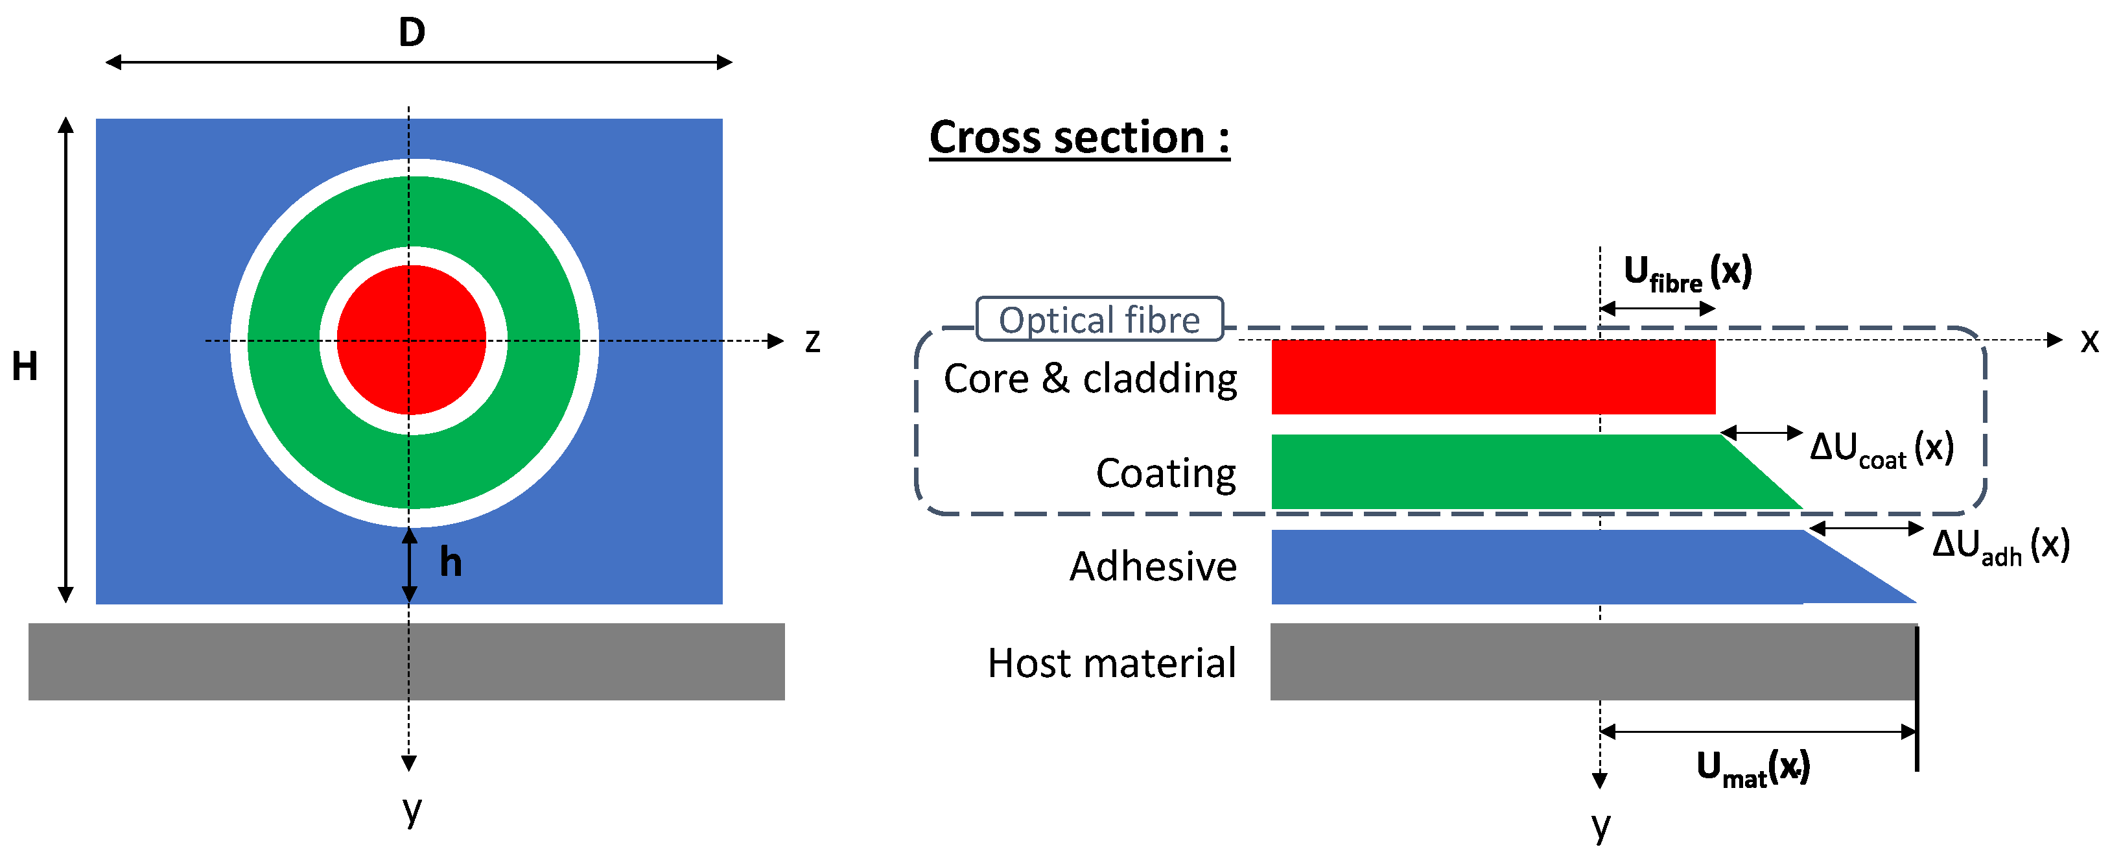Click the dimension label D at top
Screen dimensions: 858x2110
[x=412, y=33]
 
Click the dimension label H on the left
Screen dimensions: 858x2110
[x=25, y=366]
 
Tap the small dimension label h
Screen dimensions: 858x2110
[x=451, y=562]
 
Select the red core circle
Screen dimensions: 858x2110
[x=411, y=340]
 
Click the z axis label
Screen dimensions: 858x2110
[x=812, y=341]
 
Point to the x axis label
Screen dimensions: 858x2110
[x=2089, y=341]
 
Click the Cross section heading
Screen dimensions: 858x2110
[x=1079, y=137]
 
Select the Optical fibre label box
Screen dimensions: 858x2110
[x=1099, y=319]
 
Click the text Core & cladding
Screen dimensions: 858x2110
[x=1090, y=379]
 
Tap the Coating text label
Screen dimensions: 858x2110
[x=1166, y=473]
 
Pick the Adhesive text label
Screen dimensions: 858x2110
[x=1153, y=566]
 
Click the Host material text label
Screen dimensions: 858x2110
[x=1112, y=663]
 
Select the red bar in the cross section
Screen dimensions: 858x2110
[x=1492, y=377]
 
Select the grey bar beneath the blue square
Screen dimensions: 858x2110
[x=406, y=661]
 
